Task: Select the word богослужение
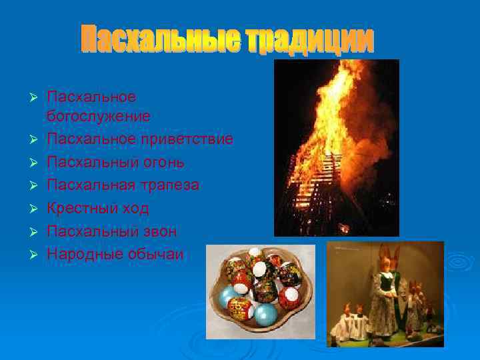[98, 116]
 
